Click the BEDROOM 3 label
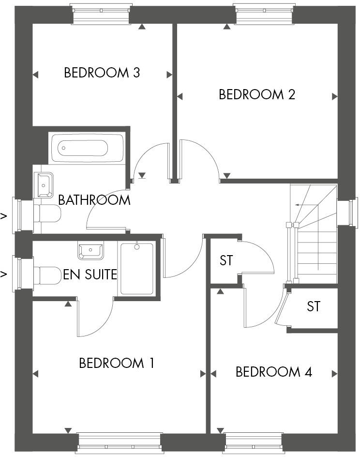coord(102,73)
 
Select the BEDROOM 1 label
coord(117,363)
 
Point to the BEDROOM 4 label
coord(273,372)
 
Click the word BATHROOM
coord(94,200)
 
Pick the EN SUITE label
coord(90,275)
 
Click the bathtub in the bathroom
coord(86,148)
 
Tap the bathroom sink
coord(45,184)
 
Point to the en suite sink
coord(90,250)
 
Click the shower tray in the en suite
coord(137,269)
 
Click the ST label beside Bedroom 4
coord(314,306)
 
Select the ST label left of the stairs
coord(226,260)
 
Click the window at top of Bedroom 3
coord(101,14)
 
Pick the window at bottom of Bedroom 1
coord(119,442)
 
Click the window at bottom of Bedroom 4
coord(253,442)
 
